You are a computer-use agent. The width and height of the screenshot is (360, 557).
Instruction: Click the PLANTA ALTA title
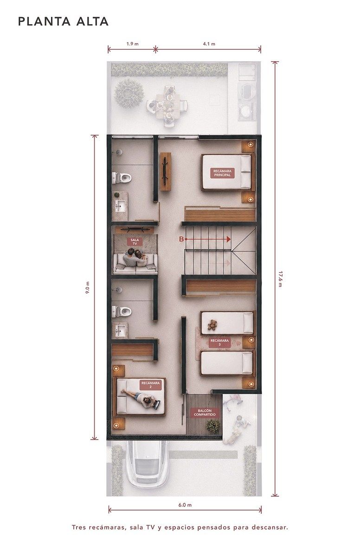coord(63,21)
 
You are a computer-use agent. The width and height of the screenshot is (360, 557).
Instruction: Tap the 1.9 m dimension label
coord(132,44)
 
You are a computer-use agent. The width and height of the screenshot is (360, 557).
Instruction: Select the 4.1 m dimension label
coord(209,44)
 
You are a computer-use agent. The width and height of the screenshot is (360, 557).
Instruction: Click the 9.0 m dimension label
coord(87,288)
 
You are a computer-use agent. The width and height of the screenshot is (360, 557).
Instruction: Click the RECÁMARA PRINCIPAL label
coord(222,173)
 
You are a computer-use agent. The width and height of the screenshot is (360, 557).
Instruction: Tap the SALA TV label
coord(135,242)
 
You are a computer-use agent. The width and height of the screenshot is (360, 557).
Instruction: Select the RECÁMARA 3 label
coord(219,343)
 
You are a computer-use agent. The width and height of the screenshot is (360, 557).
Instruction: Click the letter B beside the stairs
coord(181,239)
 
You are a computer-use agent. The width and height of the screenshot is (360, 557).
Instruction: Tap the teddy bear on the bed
coord(212,325)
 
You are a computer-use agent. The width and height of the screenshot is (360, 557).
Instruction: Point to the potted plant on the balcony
coord(213,426)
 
